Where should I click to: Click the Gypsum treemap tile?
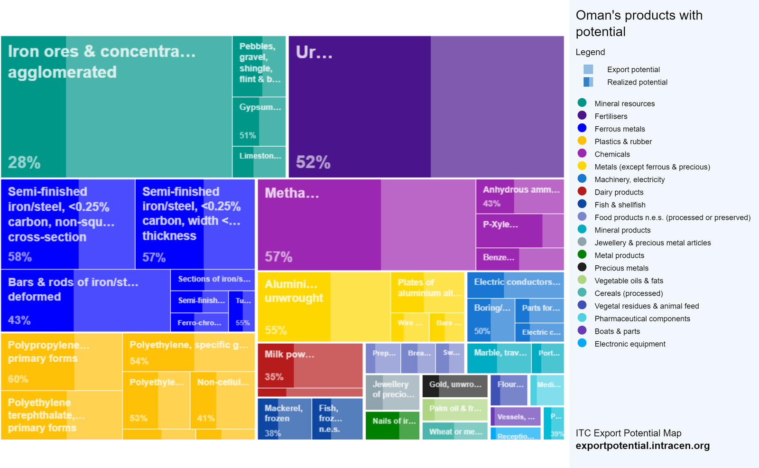pos(259,121)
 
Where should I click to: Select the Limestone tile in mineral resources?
pos(259,161)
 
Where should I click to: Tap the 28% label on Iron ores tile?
pos(24,162)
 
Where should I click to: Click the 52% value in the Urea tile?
pos(313,162)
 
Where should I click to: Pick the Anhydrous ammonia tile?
pos(520,196)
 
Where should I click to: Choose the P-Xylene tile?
pos(520,230)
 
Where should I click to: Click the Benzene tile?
pos(520,259)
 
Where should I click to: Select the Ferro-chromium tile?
pos(199,323)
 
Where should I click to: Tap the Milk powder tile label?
pos(289,355)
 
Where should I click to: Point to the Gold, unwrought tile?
pos(455,385)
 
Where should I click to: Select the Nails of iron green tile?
pos(393,425)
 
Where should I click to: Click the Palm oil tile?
pos(455,409)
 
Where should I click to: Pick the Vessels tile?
pos(516,417)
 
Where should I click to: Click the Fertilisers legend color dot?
pos(582,115)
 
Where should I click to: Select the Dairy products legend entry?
pos(619,192)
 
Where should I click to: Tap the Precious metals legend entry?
pos(621,268)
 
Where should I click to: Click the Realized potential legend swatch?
pos(588,82)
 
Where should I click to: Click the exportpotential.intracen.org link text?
pos(642,446)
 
